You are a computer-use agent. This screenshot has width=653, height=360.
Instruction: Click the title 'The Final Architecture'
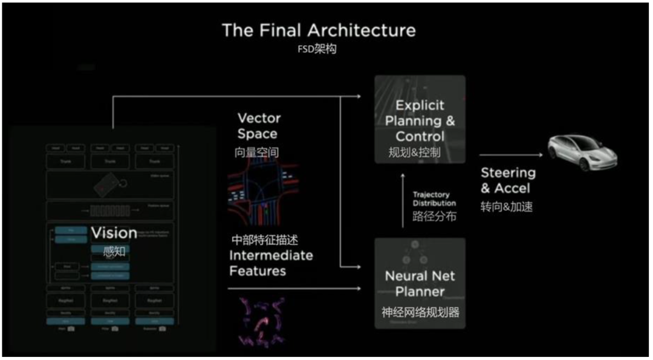319,30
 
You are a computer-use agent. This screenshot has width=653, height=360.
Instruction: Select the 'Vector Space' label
258,126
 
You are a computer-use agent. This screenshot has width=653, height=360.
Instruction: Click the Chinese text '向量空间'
257,152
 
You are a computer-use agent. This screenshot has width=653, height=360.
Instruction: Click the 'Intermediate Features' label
271,263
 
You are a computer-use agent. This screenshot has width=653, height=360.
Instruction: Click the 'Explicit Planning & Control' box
420,120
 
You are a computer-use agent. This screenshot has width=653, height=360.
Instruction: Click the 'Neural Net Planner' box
420,283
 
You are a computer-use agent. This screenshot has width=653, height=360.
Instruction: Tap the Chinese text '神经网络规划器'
420,312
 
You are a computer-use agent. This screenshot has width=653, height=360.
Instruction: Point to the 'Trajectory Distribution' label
434,199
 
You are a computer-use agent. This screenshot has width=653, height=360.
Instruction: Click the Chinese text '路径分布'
434,216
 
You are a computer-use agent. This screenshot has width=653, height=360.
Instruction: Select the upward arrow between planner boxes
403,200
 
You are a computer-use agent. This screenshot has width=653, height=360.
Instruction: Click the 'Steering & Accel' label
508,180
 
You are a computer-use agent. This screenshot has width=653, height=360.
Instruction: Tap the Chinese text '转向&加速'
507,206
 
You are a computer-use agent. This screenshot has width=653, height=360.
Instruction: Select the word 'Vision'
114,233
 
